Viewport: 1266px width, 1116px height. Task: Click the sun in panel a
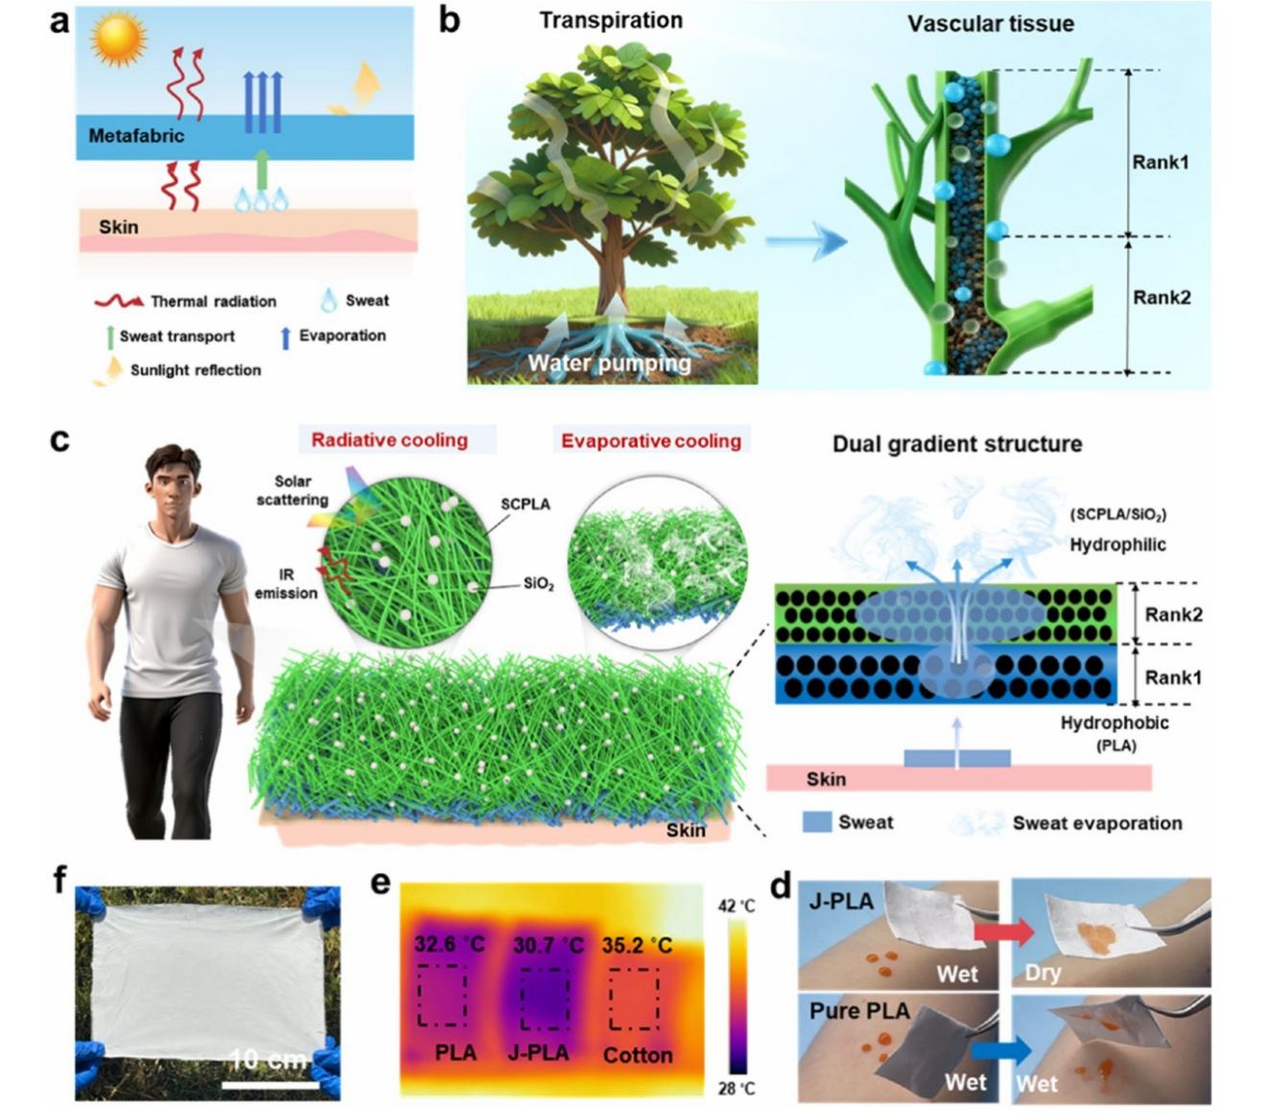click(118, 37)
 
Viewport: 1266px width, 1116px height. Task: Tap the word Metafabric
click(136, 136)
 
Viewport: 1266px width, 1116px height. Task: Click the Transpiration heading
click(610, 20)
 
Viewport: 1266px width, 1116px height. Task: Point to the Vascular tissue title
click(991, 23)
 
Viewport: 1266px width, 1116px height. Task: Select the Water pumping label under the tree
click(609, 363)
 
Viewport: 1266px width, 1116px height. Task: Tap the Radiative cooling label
click(388, 440)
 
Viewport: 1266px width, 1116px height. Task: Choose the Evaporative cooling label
click(651, 441)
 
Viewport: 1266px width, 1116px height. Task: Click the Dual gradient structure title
click(956, 444)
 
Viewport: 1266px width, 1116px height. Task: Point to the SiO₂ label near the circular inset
click(538, 584)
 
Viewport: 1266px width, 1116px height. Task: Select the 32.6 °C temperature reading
click(449, 945)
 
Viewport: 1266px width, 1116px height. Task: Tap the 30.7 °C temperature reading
click(547, 945)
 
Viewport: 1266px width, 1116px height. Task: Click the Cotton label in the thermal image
click(637, 1055)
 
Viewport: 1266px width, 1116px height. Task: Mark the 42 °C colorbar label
click(736, 906)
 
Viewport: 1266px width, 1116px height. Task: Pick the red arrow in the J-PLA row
click(1003, 930)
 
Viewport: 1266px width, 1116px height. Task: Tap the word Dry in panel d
click(1043, 973)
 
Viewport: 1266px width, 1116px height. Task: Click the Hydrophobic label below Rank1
click(1114, 724)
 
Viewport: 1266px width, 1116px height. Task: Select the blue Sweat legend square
click(816, 823)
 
